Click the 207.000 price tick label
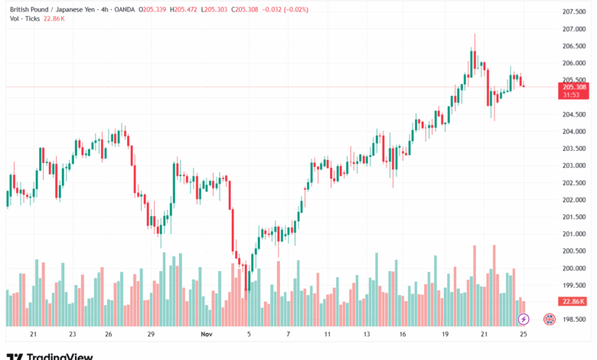pyautogui.click(x=573, y=29)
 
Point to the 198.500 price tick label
pyautogui.click(x=573, y=319)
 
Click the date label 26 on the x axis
pyautogui.click(x=109, y=335)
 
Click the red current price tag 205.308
pyautogui.click(x=574, y=87)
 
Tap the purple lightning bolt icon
pyautogui.click(x=524, y=319)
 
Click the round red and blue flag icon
pyautogui.click(x=549, y=319)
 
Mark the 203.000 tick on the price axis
pyautogui.click(x=573, y=165)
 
